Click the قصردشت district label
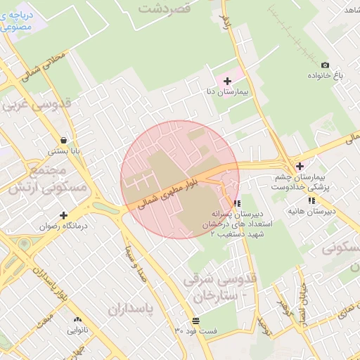[165, 8]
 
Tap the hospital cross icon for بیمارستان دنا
[226, 82]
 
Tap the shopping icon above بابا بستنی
[64, 140]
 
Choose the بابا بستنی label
[64, 150]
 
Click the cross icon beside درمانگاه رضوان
[63, 216]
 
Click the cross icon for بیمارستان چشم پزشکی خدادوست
[300, 166]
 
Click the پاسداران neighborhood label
[131, 309]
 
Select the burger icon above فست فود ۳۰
[195, 321]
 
